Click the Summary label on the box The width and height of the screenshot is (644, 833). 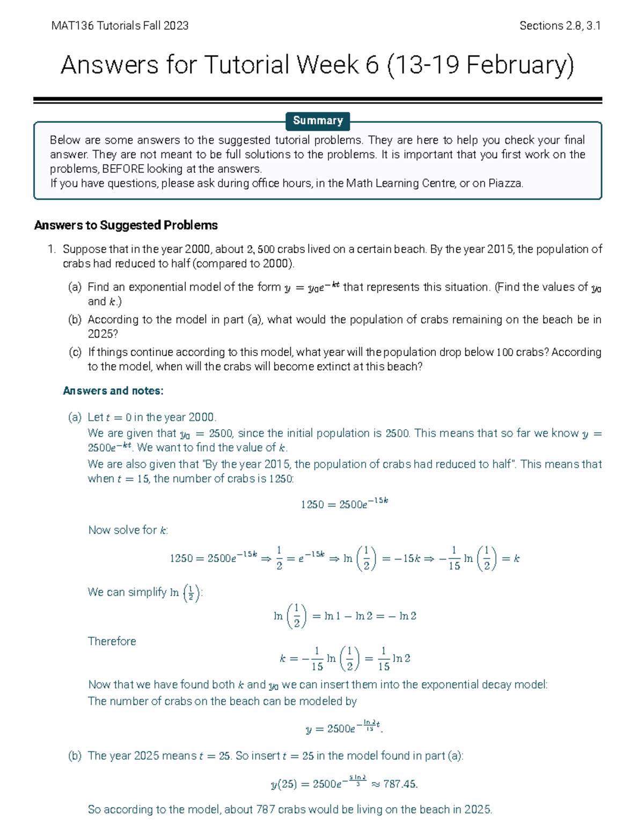coord(318,121)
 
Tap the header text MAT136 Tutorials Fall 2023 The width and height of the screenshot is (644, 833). coord(120,25)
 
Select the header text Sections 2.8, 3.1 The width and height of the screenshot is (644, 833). coord(560,25)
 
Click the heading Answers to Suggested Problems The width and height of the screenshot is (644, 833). coord(126,225)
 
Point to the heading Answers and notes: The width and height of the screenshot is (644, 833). coord(113,390)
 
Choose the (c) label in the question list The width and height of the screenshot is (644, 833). coord(75,352)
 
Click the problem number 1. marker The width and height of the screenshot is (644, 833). coord(52,249)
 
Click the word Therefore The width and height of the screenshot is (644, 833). coord(112,642)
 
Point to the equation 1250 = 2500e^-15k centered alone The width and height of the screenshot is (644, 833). coord(344,504)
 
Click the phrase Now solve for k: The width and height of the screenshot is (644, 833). coord(128,530)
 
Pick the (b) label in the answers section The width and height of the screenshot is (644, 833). coord(75,756)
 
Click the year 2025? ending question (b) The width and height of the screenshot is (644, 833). coord(103,334)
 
